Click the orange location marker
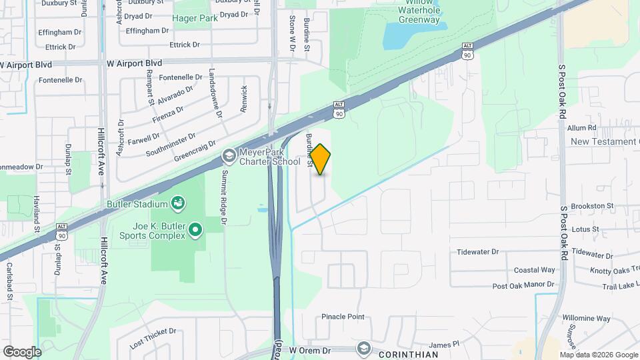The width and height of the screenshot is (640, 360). click(x=321, y=159)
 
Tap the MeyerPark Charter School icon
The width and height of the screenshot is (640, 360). click(x=229, y=156)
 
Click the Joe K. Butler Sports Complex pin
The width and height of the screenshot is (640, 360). click(x=195, y=230)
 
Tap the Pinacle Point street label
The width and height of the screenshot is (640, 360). click(x=343, y=317)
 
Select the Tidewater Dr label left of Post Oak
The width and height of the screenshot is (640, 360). click(x=478, y=252)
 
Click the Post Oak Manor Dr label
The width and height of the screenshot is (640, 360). click(x=523, y=285)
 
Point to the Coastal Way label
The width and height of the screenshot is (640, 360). click(x=534, y=270)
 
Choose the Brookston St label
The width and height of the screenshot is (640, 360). click(x=592, y=207)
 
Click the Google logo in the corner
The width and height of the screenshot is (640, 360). click(x=22, y=351)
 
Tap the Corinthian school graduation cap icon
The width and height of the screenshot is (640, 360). click(x=363, y=348)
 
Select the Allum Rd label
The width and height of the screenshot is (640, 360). click(x=581, y=127)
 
